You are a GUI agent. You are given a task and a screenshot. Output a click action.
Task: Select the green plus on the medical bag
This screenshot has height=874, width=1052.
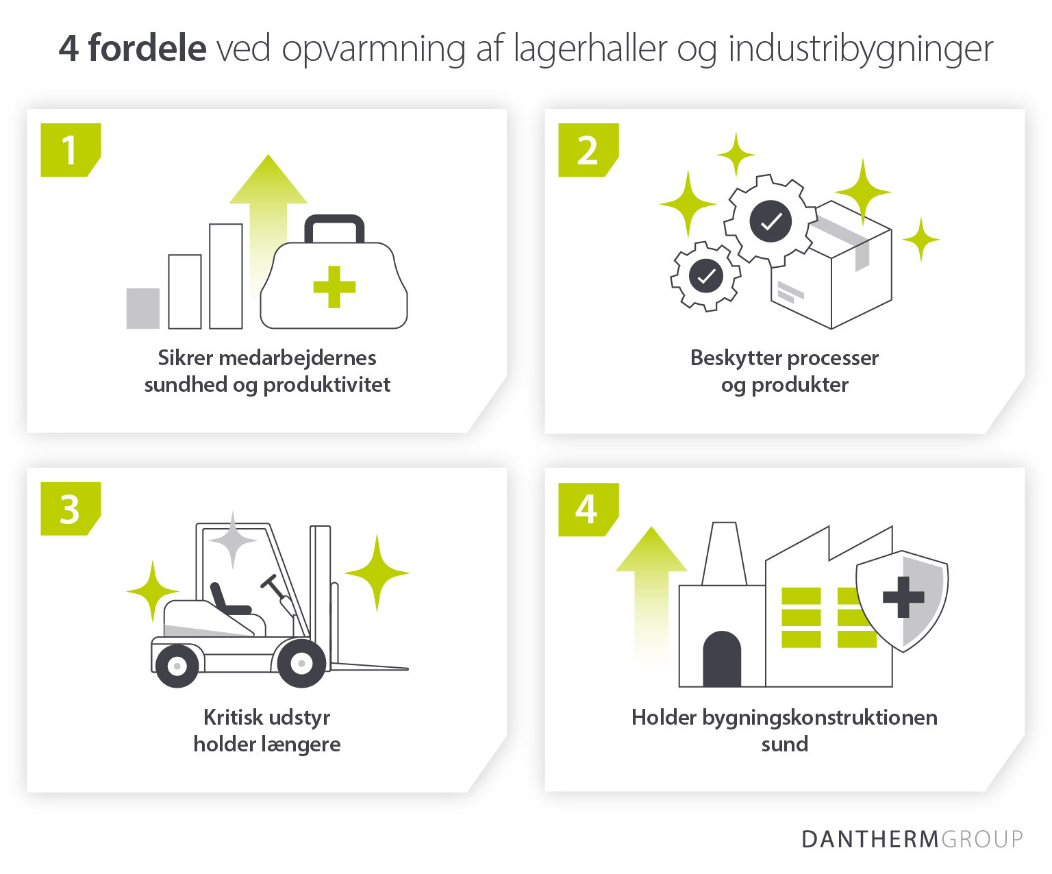(334, 286)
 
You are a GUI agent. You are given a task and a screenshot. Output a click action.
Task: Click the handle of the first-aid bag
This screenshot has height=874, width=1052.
(334, 226)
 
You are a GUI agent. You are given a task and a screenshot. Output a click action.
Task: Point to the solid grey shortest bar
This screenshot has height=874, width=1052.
(143, 308)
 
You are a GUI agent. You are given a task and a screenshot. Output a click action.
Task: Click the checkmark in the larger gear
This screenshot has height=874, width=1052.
(771, 221)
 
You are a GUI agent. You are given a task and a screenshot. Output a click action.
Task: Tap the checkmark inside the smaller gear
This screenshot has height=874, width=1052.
(705, 276)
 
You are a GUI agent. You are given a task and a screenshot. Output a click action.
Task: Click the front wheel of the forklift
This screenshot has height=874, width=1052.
(301, 663)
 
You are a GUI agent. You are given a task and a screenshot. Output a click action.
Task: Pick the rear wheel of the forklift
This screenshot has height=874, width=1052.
(177, 665)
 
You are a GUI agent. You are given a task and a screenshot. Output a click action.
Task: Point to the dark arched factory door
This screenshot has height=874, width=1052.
(722, 660)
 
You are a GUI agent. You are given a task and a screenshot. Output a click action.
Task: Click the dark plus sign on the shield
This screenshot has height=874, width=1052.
(903, 597)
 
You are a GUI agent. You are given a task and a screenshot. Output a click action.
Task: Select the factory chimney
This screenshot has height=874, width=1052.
(724, 553)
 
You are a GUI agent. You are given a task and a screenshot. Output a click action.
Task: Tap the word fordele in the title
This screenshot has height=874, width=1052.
(147, 49)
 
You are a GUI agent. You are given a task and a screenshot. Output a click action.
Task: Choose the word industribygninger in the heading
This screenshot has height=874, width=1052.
(860, 49)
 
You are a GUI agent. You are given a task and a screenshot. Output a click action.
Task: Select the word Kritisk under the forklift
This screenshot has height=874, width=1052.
(232, 717)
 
